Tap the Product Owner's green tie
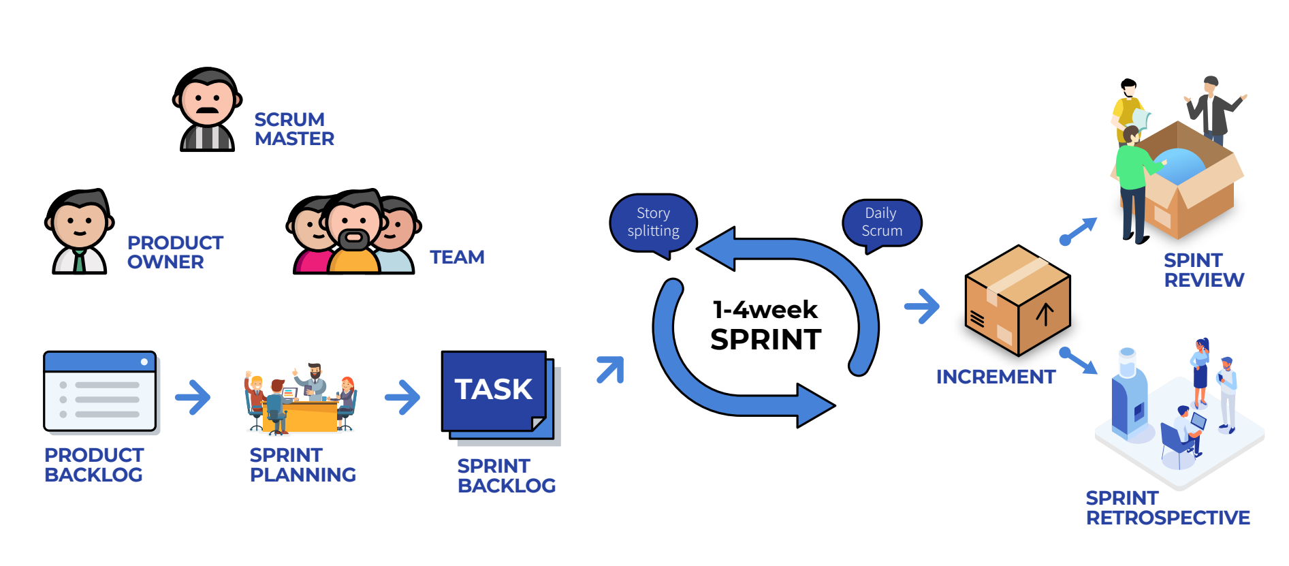(80, 261)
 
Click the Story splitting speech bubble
(653, 222)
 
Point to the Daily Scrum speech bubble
(881, 222)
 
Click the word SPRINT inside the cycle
(765, 339)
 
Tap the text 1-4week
(765, 310)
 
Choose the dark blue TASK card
(494, 390)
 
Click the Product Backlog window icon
(100, 391)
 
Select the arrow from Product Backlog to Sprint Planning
(193, 397)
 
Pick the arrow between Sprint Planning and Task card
(402, 397)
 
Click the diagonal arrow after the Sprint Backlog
(610, 370)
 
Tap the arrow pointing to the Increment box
(922, 306)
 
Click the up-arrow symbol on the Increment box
(1045, 315)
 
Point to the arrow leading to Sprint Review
(1079, 231)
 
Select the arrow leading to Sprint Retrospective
(1079, 360)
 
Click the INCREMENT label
(996, 377)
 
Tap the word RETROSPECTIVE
(1168, 518)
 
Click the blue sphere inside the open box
(1179, 167)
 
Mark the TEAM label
(457, 257)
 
